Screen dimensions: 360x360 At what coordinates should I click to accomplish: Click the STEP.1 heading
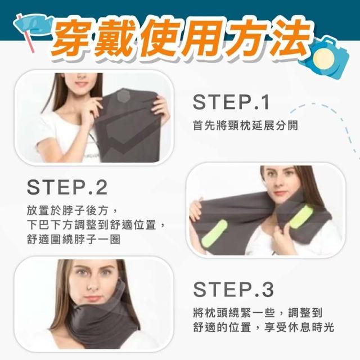coord(231,102)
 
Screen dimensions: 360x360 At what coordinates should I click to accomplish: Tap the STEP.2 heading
coord(67,187)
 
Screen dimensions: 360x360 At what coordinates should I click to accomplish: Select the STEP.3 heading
coord(233,289)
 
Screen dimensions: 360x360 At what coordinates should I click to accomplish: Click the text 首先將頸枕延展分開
coord(245,125)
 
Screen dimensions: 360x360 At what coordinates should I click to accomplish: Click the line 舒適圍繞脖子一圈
coord(74,239)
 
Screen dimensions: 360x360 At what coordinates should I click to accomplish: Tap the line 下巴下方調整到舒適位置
coord(91,225)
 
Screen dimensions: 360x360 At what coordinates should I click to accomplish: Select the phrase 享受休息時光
coord(299,327)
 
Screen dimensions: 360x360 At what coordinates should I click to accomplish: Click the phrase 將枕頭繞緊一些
coord(234,313)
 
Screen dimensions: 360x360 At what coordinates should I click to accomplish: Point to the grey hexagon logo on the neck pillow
coord(123,96)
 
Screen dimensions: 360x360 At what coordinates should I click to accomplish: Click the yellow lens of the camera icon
coord(324,58)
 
